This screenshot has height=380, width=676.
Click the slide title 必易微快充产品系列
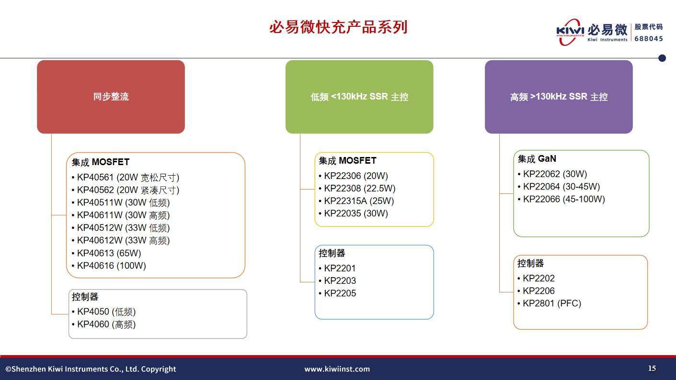click(x=338, y=27)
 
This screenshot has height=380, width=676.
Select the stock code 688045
click(x=649, y=39)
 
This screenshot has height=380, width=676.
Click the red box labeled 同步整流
click(x=111, y=97)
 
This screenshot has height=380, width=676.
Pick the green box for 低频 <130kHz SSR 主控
click(x=359, y=97)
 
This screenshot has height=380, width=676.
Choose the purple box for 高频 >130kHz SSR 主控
click(x=559, y=97)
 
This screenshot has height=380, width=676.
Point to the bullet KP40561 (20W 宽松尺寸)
click(x=126, y=178)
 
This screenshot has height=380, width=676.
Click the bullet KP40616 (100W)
click(x=109, y=266)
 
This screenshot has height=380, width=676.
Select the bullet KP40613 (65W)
click(x=106, y=253)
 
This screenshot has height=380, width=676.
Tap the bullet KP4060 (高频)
click(x=104, y=324)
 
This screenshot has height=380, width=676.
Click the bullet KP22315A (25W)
click(x=356, y=201)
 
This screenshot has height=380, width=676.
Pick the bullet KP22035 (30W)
click(x=354, y=213)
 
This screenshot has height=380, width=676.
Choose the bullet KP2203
click(x=337, y=281)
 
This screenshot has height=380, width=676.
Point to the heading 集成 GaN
click(x=537, y=158)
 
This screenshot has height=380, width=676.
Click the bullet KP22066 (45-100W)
click(x=561, y=200)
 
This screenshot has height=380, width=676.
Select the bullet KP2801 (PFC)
click(x=549, y=303)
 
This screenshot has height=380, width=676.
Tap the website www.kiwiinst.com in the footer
click(x=337, y=369)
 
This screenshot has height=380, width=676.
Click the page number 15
click(x=652, y=368)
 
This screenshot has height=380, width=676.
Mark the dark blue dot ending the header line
click(x=662, y=58)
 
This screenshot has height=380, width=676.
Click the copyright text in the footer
click(x=91, y=369)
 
